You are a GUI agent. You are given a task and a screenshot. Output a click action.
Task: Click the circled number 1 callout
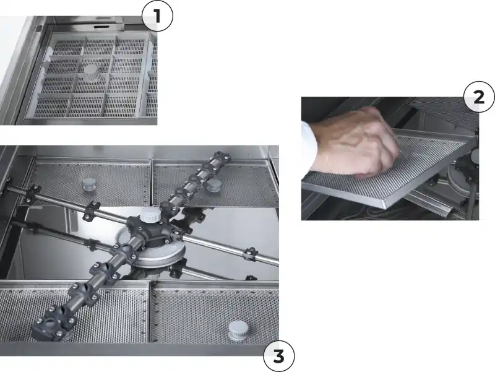tap(157, 16)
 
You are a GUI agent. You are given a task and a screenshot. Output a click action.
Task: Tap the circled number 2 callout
tap(479, 97)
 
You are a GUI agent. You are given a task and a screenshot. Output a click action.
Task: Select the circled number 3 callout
tap(279, 356)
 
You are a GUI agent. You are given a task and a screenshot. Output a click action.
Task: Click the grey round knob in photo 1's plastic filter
tap(92, 72)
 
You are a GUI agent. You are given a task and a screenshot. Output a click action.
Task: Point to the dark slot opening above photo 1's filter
tap(102, 27)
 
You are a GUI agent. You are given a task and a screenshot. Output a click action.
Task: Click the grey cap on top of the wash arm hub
tap(151, 215)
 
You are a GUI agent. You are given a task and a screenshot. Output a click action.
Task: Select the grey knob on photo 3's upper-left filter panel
tap(88, 184)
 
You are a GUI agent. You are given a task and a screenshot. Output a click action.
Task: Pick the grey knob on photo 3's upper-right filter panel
tap(213, 185)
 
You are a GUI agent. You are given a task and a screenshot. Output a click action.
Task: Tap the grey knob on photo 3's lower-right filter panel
tap(238, 331)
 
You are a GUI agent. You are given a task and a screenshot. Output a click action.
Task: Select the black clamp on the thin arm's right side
tap(251, 254)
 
